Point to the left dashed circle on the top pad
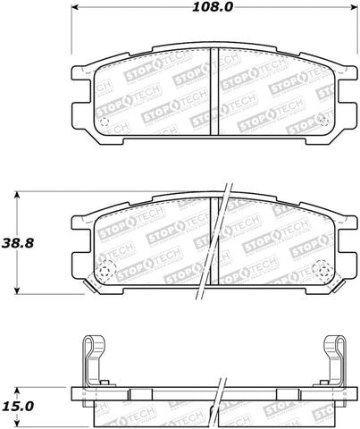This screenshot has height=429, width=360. click(103, 123)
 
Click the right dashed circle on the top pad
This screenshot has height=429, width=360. click(322, 122)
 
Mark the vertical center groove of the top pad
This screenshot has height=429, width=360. click(212, 94)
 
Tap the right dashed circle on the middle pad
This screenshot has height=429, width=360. click(322, 270)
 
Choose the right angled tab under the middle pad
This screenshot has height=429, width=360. click(332, 286)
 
